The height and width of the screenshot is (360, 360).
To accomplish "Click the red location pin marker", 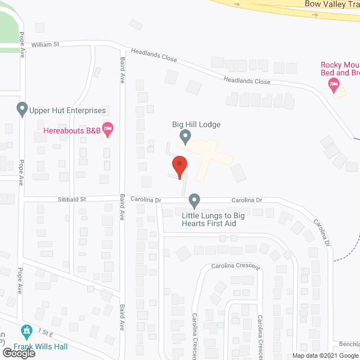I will tap(179, 166).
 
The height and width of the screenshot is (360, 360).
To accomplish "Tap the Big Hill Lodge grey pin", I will tap(185, 136).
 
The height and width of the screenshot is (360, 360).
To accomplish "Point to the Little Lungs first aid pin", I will tap(195, 200).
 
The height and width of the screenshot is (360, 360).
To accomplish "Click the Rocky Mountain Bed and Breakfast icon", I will tap(334, 85).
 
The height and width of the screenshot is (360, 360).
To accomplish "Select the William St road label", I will tap(45, 44).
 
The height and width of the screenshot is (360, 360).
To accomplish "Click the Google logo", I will tap(18, 354).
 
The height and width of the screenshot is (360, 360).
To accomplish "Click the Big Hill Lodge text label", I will tap(196, 124).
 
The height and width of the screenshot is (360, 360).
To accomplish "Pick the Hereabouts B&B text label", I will tap(73, 131).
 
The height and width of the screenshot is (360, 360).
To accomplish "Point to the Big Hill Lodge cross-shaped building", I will tap(208, 151).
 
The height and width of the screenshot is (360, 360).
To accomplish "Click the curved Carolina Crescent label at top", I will tap(235, 266).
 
